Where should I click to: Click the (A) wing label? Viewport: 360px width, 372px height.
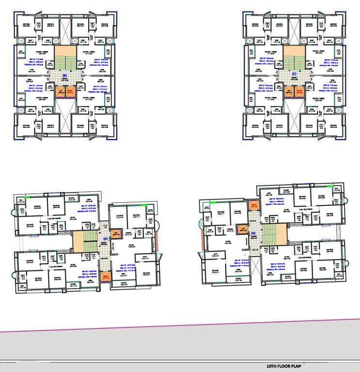point(105,238)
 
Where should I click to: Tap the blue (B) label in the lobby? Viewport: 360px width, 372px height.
point(64,76)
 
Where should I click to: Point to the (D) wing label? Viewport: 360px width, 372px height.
point(253,233)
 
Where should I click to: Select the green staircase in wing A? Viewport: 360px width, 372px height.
point(90,241)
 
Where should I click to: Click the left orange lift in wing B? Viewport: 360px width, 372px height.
point(59,92)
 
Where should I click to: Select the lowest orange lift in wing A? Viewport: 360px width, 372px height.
point(107,277)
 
